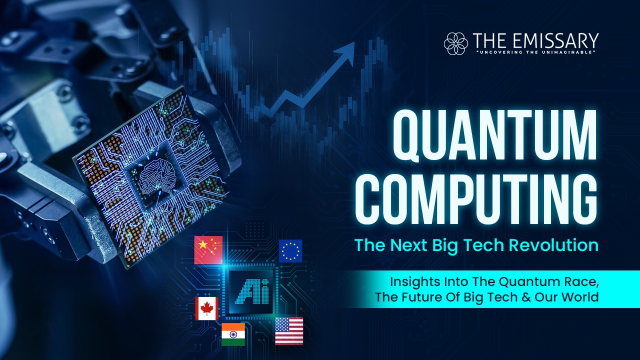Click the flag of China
pyautogui.click(x=208, y=250)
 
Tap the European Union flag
pyautogui.click(x=290, y=251)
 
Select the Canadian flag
pyautogui.click(x=207, y=308)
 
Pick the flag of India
pyautogui.click(x=233, y=334)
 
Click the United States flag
pyautogui.click(x=289, y=331)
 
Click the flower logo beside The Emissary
pyautogui.click(x=455, y=43)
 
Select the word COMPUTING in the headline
pyautogui.click(x=476, y=199)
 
